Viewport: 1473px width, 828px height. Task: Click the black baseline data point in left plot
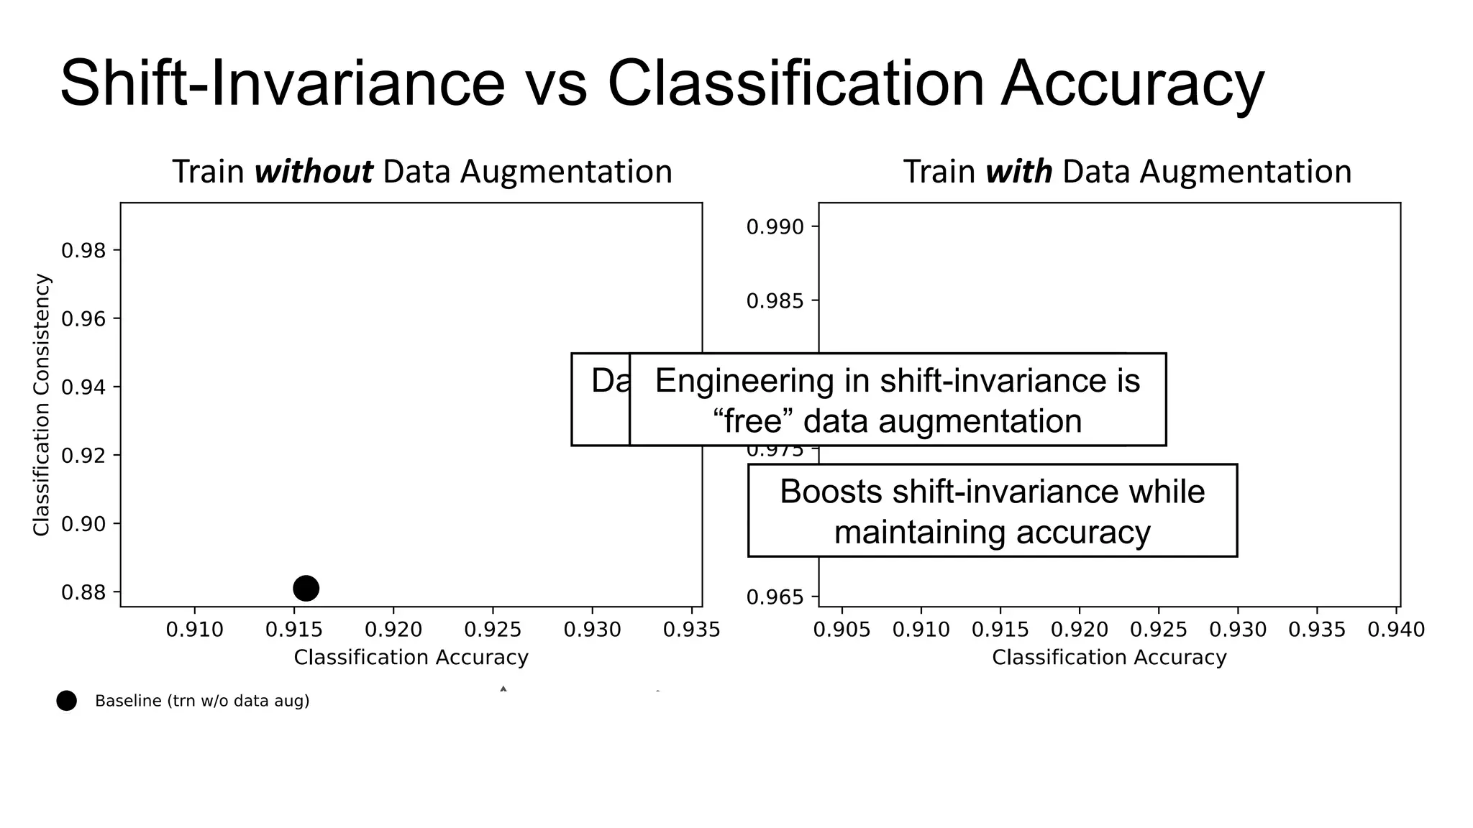pos(306,588)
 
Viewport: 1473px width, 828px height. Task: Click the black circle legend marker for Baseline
pos(66,701)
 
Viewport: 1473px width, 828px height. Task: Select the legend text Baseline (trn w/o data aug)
pos(202,701)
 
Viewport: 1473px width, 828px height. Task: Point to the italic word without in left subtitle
pos(314,172)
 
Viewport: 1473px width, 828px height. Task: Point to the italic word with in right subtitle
pos(1018,172)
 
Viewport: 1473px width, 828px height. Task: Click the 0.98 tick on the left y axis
pos(83,251)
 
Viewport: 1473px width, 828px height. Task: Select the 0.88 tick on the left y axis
pos(83,593)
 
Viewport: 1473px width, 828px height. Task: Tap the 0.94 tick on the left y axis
pos(83,388)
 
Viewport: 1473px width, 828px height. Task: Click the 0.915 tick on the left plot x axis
pos(294,630)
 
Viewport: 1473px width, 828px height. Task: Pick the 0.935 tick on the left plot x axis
pos(691,630)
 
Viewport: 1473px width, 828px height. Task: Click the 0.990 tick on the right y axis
pos(775,227)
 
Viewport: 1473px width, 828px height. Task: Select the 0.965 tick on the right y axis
pos(775,597)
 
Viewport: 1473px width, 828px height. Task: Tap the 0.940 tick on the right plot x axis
pos(1395,630)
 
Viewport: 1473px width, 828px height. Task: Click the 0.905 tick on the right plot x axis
pos(842,630)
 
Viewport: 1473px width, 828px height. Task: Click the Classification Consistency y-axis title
pos(42,405)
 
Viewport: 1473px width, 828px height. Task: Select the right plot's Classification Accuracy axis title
pos(1109,658)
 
